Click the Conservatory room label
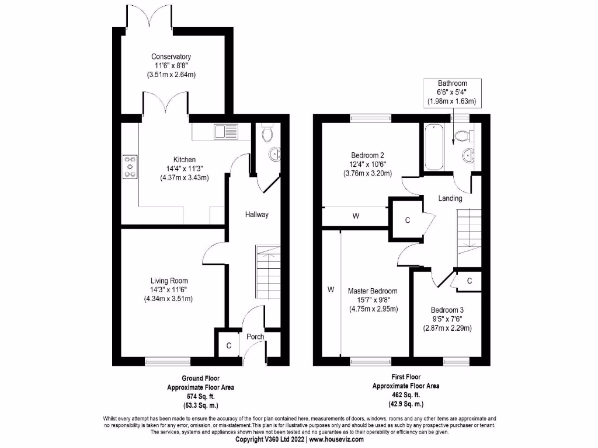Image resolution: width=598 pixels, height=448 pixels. point(171,57)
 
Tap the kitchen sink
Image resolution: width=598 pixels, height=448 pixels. point(225,131)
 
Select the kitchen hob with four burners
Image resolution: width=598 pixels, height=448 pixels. point(129,166)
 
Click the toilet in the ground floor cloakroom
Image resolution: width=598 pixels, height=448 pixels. point(268,135)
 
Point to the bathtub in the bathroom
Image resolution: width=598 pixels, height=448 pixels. point(432,146)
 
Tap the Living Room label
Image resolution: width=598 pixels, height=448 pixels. point(168,281)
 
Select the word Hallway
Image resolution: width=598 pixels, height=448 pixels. point(257,215)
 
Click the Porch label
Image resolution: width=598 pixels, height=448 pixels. point(255,337)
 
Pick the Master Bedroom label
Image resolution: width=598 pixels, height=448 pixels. point(373,291)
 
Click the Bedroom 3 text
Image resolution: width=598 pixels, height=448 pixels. point(447,310)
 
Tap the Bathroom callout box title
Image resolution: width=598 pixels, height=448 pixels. point(453,83)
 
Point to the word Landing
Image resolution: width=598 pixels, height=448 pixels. point(450,198)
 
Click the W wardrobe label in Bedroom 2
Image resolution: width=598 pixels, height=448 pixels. point(355,216)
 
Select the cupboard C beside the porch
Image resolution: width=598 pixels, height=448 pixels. point(229,345)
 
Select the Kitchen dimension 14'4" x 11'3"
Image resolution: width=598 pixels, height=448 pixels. point(185,169)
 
